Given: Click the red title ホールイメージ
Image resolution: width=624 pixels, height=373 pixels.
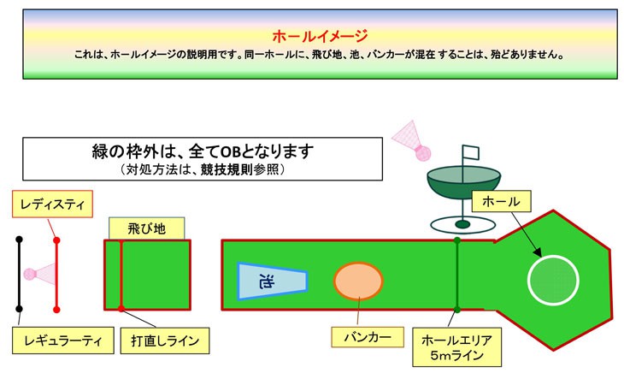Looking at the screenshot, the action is pos(320,36).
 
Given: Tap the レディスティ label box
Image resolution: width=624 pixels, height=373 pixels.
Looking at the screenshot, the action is pos(52,204).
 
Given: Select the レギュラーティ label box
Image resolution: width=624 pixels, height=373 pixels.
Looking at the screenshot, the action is pos(63,340).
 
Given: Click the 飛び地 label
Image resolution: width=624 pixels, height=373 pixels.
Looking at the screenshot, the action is pos(146,228).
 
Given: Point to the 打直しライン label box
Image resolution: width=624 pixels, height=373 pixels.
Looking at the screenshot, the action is pos(165,340).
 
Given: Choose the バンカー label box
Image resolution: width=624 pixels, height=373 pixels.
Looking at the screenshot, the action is pos(368,337).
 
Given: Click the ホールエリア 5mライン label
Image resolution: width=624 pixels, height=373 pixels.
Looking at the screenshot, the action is pos(456,347).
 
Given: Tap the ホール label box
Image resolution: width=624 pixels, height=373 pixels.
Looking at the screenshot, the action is pos(502,201).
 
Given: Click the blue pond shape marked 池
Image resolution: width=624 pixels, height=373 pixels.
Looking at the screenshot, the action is pos(272,281).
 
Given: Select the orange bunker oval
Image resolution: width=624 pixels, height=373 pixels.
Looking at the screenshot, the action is pos(358,281).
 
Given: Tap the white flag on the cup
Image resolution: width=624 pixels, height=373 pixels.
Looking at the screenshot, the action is pos(471,152).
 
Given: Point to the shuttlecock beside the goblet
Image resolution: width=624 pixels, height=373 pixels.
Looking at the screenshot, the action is pos(412,141).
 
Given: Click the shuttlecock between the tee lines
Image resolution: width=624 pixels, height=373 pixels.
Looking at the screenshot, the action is pos(39,274).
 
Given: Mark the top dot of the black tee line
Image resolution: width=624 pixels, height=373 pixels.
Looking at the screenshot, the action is pos(19,240).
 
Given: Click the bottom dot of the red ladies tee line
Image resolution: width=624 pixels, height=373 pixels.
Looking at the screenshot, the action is pos(56,310).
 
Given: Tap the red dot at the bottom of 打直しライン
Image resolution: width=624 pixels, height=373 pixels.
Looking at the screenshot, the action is pos(121,309).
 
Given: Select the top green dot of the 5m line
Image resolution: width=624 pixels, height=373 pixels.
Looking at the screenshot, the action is pos(457,240).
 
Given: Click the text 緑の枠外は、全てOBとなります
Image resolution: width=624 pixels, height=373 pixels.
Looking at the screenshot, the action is pos(203,151).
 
